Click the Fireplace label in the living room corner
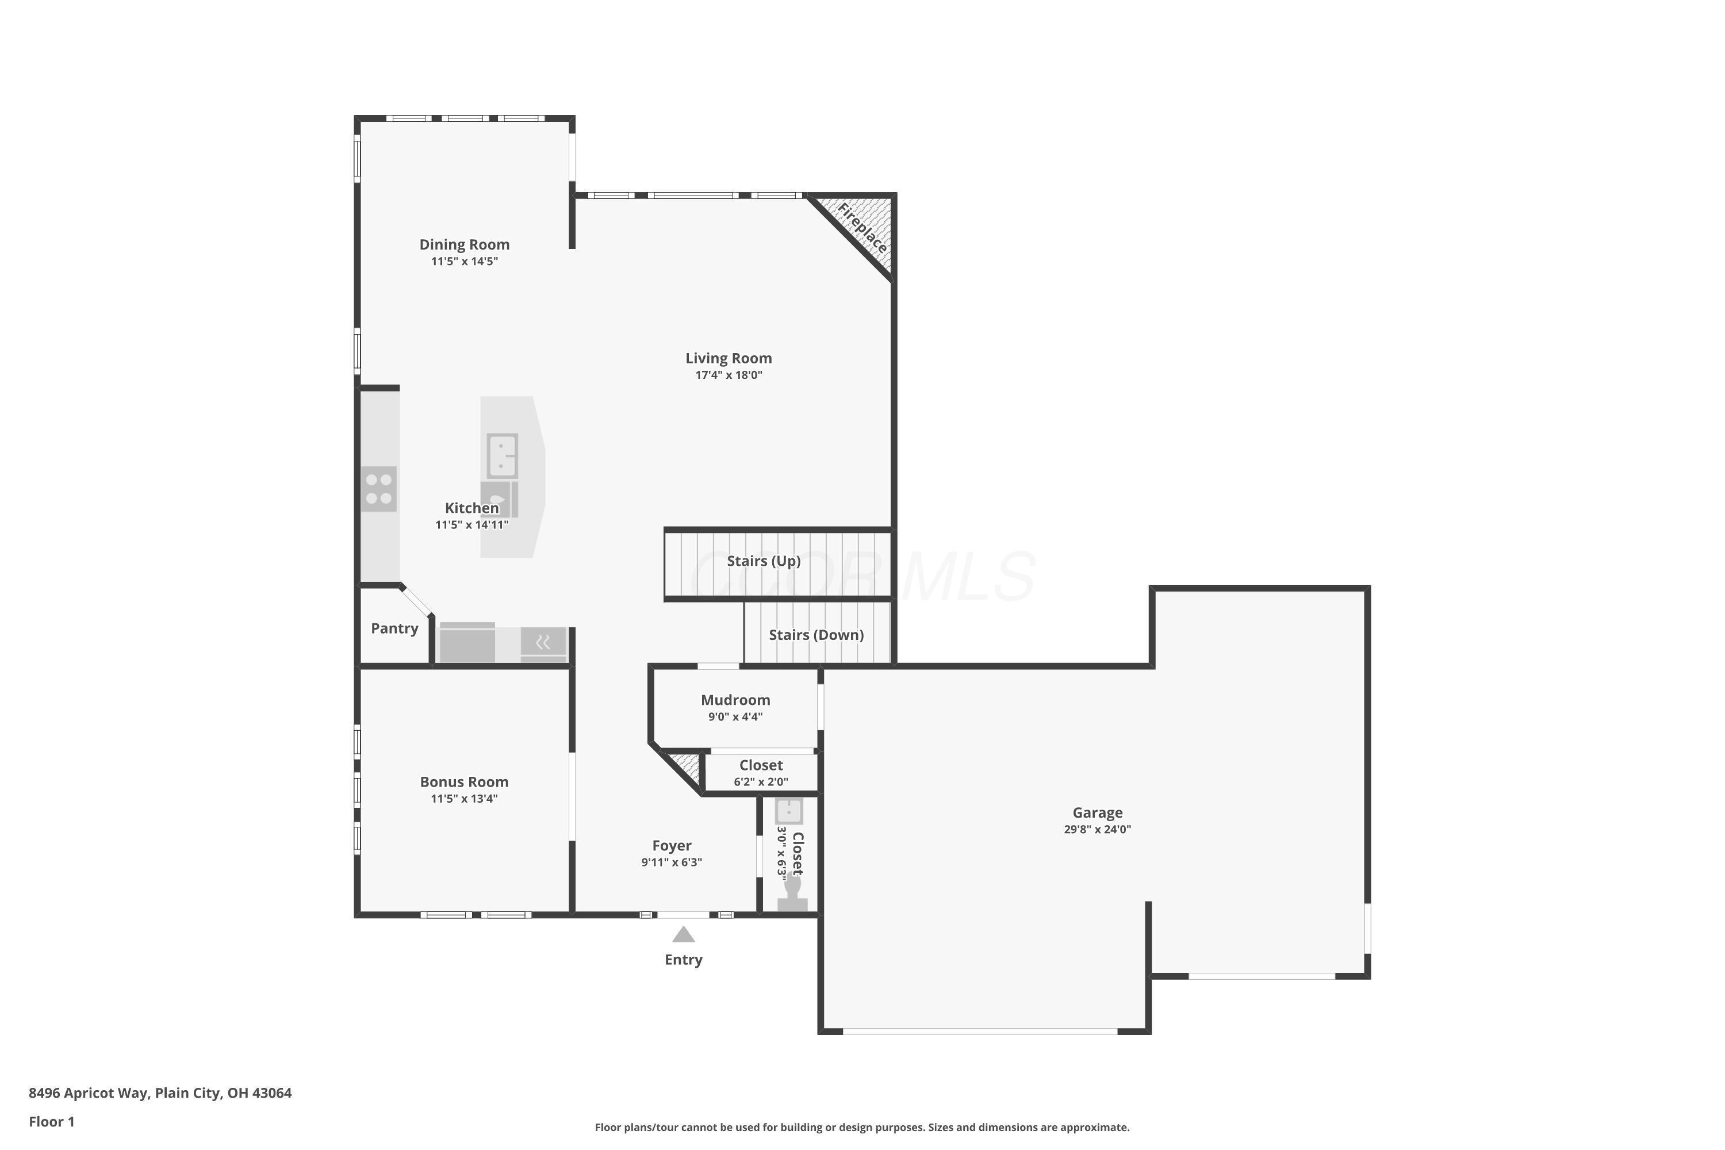[x=862, y=228]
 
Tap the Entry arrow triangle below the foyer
[x=683, y=934]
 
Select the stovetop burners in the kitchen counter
[x=378, y=489]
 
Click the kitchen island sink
[x=503, y=455]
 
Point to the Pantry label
[x=394, y=628]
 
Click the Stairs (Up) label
[x=764, y=561]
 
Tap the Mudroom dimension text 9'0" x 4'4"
[x=735, y=717]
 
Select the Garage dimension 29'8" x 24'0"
[x=1097, y=830]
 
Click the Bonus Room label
[x=463, y=782]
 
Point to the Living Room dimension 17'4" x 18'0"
[x=729, y=375]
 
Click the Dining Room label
[x=464, y=244]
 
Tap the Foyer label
[x=672, y=846]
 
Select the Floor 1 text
[x=51, y=1121]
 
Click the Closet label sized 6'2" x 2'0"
[x=761, y=765]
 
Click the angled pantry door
[x=416, y=601]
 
